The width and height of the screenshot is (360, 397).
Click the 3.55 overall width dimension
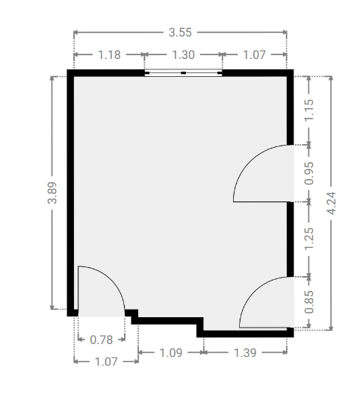(x=180, y=32)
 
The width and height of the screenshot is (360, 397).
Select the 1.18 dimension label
(x=109, y=54)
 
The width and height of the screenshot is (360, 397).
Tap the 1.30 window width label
(x=183, y=54)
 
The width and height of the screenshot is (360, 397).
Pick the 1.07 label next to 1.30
(x=255, y=54)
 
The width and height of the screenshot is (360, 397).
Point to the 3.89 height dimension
(x=52, y=193)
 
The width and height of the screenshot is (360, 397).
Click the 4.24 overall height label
(x=331, y=203)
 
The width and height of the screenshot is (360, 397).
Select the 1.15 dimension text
(x=308, y=110)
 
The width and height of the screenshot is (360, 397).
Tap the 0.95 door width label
(x=308, y=173)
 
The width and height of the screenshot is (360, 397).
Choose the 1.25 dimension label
(x=308, y=239)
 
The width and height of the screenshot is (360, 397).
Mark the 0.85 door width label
(x=308, y=301)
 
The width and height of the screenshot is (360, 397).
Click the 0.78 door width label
(x=102, y=340)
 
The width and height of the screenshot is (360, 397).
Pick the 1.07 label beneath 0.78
(x=106, y=361)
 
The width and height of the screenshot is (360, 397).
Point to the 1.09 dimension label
(x=171, y=352)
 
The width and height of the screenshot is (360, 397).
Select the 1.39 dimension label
(x=245, y=352)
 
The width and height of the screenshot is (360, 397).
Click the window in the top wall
(x=183, y=72)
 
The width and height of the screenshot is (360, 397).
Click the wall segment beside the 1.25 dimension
(x=291, y=240)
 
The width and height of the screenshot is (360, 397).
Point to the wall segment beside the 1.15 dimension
(x=291, y=110)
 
